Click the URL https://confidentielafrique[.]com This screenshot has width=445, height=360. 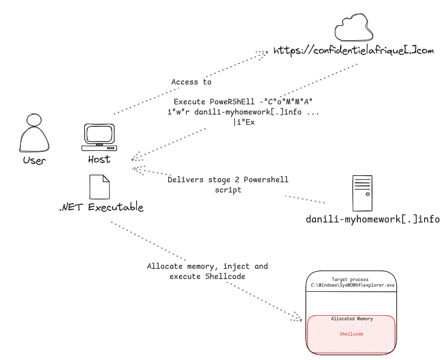(x=353, y=50)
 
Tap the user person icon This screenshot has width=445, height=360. (x=34, y=134)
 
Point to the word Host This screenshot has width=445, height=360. (x=99, y=159)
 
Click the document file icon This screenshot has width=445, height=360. (x=99, y=186)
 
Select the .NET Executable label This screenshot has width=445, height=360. (x=101, y=207)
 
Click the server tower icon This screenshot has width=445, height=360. (x=362, y=193)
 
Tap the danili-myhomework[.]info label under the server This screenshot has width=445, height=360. (x=372, y=220)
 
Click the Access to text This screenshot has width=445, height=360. (x=191, y=82)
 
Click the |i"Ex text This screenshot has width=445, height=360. (x=243, y=122)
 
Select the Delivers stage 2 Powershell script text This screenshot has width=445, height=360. (x=228, y=184)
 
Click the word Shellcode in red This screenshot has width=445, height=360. (x=351, y=334)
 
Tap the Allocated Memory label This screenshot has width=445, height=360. (x=352, y=319)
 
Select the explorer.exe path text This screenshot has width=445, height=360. (x=353, y=286)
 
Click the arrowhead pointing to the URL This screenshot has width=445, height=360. (x=263, y=52)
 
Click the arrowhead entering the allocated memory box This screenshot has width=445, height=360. (x=298, y=317)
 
